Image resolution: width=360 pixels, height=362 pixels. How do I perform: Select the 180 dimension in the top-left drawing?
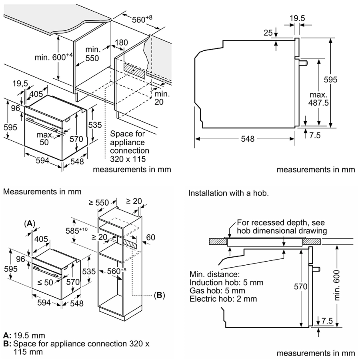click(121, 43)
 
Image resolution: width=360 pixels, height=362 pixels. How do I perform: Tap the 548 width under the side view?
click(248, 139)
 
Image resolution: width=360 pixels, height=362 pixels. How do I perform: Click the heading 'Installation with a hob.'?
click(228, 193)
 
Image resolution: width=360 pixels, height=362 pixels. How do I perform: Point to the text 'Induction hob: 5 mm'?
click(227, 283)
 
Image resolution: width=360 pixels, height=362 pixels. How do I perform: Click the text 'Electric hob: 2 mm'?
click(224, 299)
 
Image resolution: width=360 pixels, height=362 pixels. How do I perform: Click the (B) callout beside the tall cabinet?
click(159, 296)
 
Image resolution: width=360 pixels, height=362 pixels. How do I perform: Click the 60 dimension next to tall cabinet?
click(150, 238)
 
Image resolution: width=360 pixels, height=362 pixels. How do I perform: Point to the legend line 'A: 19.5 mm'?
click(24, 335)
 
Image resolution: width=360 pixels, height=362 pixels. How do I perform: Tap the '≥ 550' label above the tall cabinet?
click(99, 202)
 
